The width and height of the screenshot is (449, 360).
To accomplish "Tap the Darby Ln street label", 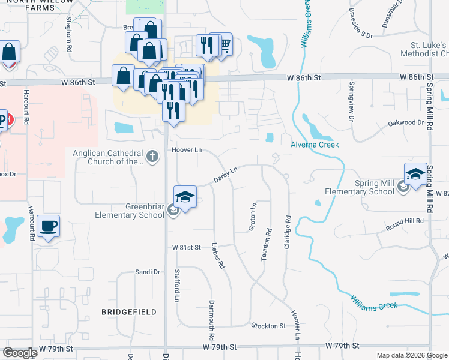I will (x=226, y=175).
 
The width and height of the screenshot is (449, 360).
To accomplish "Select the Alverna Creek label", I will (x=315, y=145).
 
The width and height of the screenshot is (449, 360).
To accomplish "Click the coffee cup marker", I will (x=48, y=227).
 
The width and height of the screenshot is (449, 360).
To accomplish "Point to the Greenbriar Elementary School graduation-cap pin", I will (x=185, y=197).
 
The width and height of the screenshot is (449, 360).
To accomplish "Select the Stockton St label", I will (x=268, y=325).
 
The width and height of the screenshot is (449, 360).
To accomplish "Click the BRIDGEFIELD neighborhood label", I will (x=129, y=312).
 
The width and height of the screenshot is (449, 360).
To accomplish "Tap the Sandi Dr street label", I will (x=148, y=272).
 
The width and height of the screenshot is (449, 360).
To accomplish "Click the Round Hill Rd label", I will (x=405, y=221).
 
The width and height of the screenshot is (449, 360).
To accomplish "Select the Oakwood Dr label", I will (x=406, y=122).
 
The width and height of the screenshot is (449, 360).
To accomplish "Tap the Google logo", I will (x=20, y=353).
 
